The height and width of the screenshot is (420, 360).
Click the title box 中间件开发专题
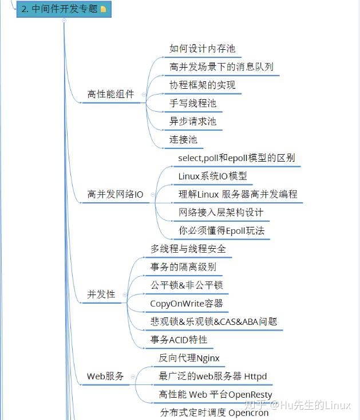tap(60, 9)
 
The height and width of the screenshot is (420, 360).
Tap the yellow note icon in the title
tap(103, 10)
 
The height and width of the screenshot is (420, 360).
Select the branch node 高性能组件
tap(111, 95)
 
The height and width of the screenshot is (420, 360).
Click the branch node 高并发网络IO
tap(116, 195)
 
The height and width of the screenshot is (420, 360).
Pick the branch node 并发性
tap(101, 295)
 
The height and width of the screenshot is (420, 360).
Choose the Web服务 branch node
tap(105, 376)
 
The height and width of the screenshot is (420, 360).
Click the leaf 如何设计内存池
tap(203, 49)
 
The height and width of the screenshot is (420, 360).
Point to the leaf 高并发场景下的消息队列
tap(221, 67)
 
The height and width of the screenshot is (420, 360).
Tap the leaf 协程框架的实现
tap(203, 85)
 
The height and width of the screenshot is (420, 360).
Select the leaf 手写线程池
tap(193, 104)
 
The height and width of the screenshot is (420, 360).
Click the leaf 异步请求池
tap(193, 121)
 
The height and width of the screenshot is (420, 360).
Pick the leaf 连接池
tap(183, 139)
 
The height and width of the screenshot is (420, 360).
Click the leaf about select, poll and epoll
tap(236, 158)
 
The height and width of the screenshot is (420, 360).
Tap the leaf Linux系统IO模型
tap(212, 176)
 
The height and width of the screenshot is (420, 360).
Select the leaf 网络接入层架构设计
tap(221, 213)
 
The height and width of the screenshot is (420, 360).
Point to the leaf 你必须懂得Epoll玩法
tap(221, 231)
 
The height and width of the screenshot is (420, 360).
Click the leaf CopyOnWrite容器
tap(187, 304)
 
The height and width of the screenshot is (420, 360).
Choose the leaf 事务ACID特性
tap(179, 340)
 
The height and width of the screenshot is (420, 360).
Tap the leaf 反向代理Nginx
tap(189, 359)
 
